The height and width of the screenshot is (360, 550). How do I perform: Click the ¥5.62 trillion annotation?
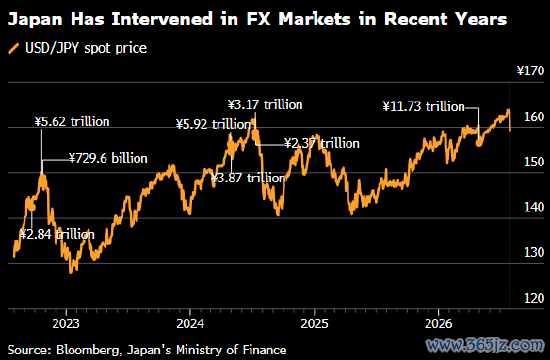[x=72, y=122]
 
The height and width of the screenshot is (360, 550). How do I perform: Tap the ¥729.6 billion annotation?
[x=108, y=159]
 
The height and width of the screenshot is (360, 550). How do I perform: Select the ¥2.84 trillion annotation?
[x=57, y=234]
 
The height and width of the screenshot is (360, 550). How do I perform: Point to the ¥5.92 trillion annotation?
[x=213, y=124]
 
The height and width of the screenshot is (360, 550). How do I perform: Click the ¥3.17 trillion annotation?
[x=265, y=105]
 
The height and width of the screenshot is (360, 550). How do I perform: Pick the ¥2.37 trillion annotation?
[x=322, y=144]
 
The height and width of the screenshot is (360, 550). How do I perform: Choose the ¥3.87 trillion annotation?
[x=249, y=178]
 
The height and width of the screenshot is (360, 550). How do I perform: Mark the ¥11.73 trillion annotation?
[x=423, y=106]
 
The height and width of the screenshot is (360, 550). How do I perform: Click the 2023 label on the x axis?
[x=66, y=324]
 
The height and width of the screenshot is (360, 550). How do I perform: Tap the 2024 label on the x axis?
[x=190, y=324]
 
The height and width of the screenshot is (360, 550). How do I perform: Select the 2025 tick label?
[x=314, y=324]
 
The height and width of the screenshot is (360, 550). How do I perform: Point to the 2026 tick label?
[x=438, y=324]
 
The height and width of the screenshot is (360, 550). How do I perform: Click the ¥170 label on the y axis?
[x=530, y=71]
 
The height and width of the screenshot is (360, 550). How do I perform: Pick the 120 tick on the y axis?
[x=534, y=298]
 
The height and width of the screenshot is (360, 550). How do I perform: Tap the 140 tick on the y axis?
[x=534, y=207]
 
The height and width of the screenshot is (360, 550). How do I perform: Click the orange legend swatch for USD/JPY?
[x=14, y=48]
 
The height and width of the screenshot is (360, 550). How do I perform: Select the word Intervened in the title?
[x=162, y=19]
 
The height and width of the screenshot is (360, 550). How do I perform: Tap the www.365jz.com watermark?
[x=484, y=345]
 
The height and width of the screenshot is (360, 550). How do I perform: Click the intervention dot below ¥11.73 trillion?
[x=479, y=142]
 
